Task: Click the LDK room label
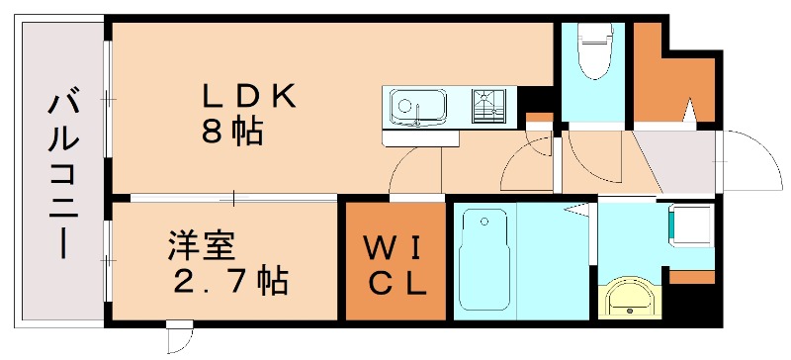click(249, 96)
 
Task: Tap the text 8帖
click(232, 131)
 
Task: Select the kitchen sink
click(416, 103)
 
